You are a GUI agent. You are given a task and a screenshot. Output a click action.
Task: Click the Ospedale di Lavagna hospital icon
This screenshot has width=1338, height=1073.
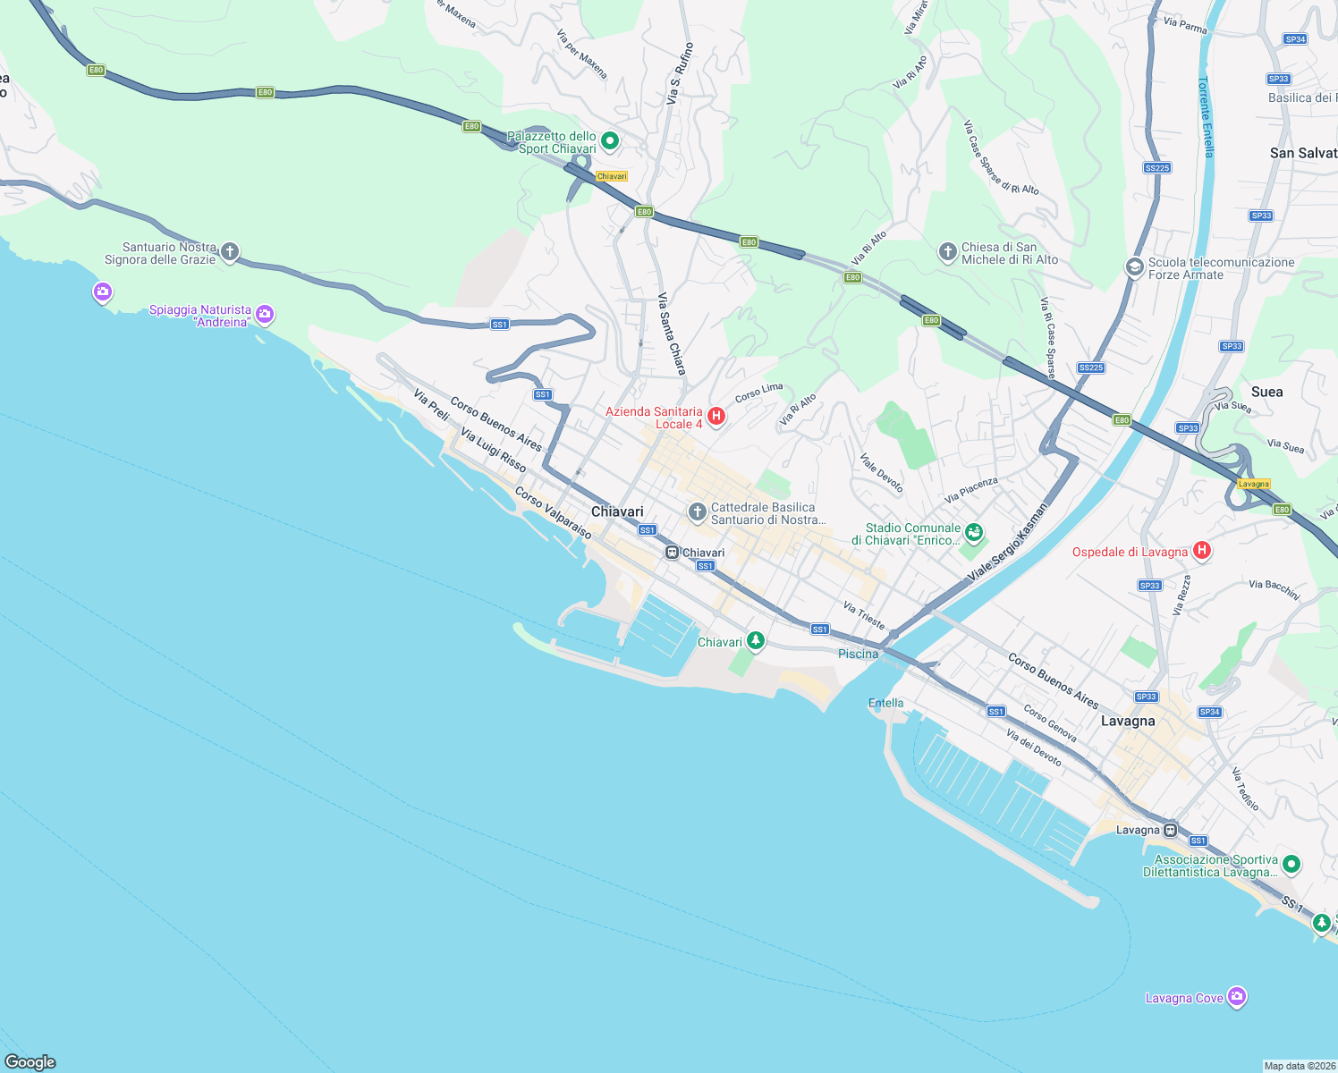coord(1202,551)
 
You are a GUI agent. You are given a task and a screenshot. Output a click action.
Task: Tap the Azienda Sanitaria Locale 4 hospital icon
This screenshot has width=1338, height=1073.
coord(716,416)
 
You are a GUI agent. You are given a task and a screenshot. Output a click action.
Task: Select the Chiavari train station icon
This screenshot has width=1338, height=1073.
coord(672,553)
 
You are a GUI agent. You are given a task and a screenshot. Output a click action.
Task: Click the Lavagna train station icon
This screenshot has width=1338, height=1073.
coord(1171,830)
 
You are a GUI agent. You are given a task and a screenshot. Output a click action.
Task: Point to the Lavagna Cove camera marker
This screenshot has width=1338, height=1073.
coord(1237,997)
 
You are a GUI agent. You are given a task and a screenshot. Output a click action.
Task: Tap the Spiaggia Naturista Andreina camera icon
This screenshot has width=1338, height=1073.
coord(264,314)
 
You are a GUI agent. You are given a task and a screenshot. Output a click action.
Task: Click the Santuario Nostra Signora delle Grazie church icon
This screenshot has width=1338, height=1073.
coord(230,252)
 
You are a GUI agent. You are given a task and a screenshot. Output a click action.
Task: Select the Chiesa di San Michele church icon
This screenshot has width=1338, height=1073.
coord(948,252)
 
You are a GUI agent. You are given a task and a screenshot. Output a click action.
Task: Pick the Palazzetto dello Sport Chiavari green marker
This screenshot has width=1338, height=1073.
coord(610,140)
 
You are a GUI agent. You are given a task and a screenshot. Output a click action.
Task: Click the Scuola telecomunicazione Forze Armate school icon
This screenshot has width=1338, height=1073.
coord(1134,267)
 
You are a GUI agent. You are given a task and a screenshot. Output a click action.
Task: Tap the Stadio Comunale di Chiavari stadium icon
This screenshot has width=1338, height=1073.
coord(974,534)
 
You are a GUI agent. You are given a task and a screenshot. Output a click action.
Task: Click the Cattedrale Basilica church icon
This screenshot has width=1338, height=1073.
coord(697,512)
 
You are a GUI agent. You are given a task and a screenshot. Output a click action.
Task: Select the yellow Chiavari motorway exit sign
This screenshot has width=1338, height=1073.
coord(612,176)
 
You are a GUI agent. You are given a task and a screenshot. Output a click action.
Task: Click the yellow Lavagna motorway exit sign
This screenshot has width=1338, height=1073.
coord(1253,484)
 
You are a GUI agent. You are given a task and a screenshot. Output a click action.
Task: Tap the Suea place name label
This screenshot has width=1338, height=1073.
coord(1266,392)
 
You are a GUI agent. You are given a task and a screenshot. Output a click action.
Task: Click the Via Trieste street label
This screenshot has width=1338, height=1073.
coord(864,615)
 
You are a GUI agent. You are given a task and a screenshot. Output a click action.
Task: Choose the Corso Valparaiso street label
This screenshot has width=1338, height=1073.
coord(553,513)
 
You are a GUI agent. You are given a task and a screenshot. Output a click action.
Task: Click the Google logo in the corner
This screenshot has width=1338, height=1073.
coord(30,1061)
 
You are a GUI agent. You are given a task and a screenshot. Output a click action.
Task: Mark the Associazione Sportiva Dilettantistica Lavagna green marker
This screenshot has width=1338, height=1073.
coord(1291,865)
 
